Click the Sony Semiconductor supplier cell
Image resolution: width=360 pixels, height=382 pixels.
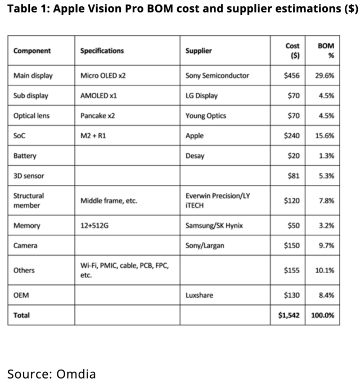pos(217,75)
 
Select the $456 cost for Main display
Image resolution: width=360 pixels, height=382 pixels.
pos(292,75)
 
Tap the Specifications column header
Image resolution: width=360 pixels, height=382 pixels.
pos(102,51)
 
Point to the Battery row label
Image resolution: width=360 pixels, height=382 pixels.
pos(25,156)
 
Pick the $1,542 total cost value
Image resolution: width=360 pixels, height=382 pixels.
pos(289,315)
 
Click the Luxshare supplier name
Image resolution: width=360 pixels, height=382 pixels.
pos(199,295)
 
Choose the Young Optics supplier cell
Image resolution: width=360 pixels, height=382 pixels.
pos(206,116)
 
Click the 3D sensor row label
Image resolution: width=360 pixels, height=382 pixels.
pos(29,176)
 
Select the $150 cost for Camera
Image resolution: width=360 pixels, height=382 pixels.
pos(292,245)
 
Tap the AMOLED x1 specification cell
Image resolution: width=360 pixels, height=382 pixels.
pos(98,95)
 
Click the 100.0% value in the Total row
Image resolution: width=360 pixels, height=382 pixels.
pos(323,315)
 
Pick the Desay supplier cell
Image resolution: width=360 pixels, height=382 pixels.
pos(195,156)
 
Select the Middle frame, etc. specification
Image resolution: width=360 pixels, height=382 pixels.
pos(109,201)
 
